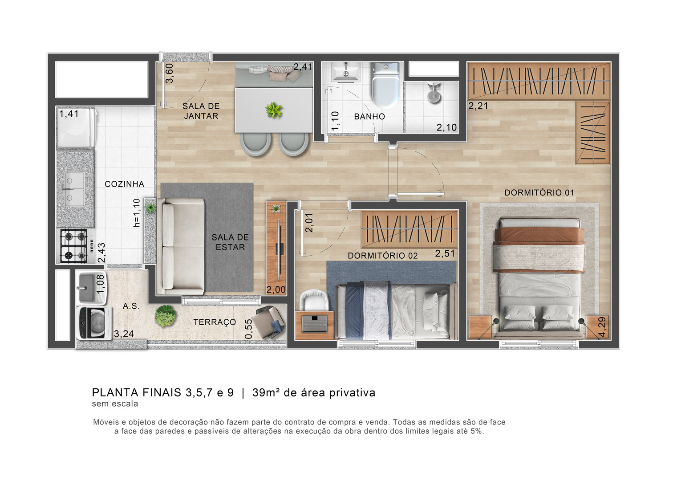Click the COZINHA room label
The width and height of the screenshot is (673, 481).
pos(124,184)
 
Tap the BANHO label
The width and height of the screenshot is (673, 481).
pos(369,117)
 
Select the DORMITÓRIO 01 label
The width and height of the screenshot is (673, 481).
pos(539,193)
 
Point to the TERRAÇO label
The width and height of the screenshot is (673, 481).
pos(215,322)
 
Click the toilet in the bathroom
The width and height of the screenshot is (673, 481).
pos(385,85)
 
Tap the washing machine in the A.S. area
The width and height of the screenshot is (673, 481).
pos(94,323)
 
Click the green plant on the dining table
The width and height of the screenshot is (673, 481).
pos(274,110)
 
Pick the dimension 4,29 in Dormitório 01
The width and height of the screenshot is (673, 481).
pos(602,327)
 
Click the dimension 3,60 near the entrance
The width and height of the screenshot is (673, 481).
pos(170,73)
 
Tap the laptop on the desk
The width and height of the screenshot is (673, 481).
pos(315,324)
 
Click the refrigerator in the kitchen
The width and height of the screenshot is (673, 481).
pos(77,128)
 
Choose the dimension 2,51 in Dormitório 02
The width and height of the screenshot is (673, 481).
pos(445,254)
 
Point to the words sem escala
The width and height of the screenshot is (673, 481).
pos(115,404)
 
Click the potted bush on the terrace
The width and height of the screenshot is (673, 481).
pos(165,316)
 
